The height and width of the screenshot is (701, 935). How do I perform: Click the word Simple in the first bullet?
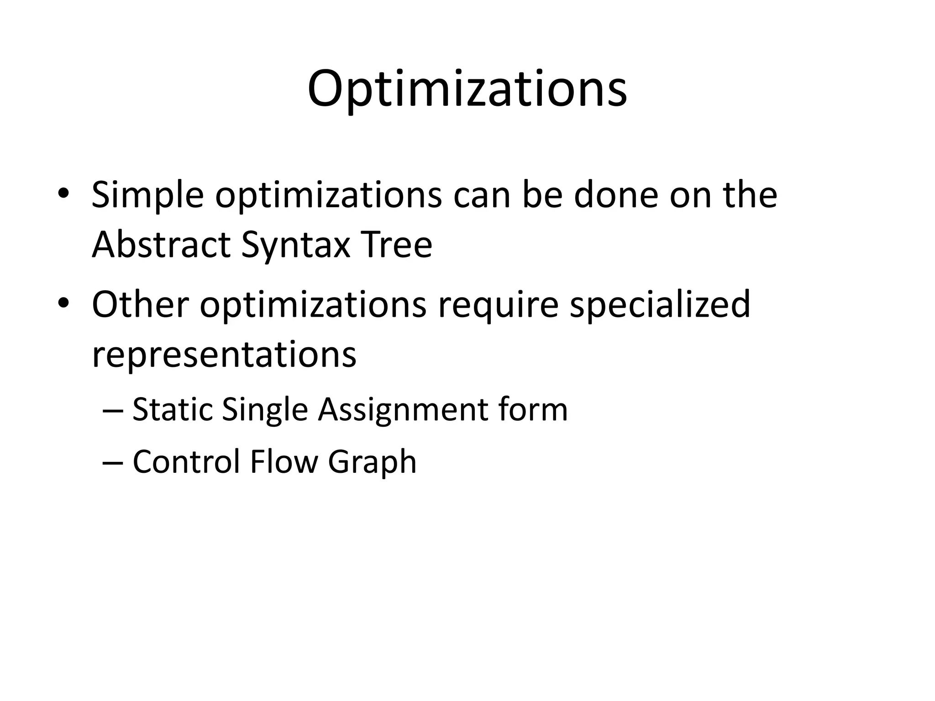tap(147, 195)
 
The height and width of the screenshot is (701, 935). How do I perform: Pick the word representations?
tap(224, 355)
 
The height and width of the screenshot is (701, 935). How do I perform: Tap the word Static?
tap(172, 409)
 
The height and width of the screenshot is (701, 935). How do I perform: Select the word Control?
tap(186, 462)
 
